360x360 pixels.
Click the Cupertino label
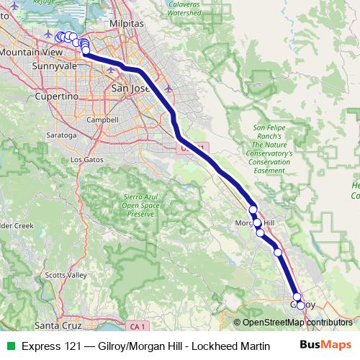pyautogui.click(x=58, y=96)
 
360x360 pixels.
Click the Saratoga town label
pyautogui.click(x=60, y=135)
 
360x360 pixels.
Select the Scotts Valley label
pyautogui.click(x=66, y=275)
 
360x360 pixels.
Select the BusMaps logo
pyautogui.click(x=325, y=346)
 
